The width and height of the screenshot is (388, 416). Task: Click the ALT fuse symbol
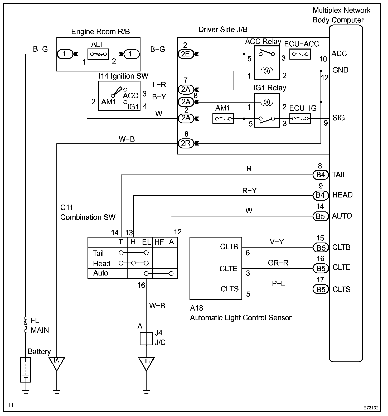coord(98,54)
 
